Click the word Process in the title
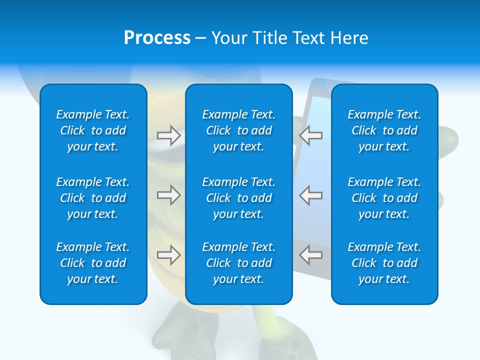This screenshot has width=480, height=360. (x=157, y=38)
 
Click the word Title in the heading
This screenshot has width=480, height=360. (x=269, y=38)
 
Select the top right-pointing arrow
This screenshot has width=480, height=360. (x=168, y=135)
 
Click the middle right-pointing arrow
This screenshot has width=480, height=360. (x=168, y=195)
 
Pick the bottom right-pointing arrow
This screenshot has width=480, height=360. (x=168, y=255)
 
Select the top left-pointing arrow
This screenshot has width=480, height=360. (x=311, y=135)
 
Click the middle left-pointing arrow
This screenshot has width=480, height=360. (x=311, y=195)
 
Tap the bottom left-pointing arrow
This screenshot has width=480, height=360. (x=311, y=255)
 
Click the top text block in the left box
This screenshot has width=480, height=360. (x=93, y=130)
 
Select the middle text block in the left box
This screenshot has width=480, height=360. (x=93, y=198)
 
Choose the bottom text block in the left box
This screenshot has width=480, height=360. (x=93, y=263)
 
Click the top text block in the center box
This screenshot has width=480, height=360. (x=239, y=130)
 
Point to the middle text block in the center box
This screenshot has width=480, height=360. (x=239, y=198)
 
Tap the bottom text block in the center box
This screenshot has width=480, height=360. (x=239, y=263)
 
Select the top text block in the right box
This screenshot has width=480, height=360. (x=384, y=130)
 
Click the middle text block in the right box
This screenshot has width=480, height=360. (x=384, y=198)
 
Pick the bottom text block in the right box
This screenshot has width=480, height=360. (x=384, y=263)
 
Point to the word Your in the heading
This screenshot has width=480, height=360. (x=230, y=38)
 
